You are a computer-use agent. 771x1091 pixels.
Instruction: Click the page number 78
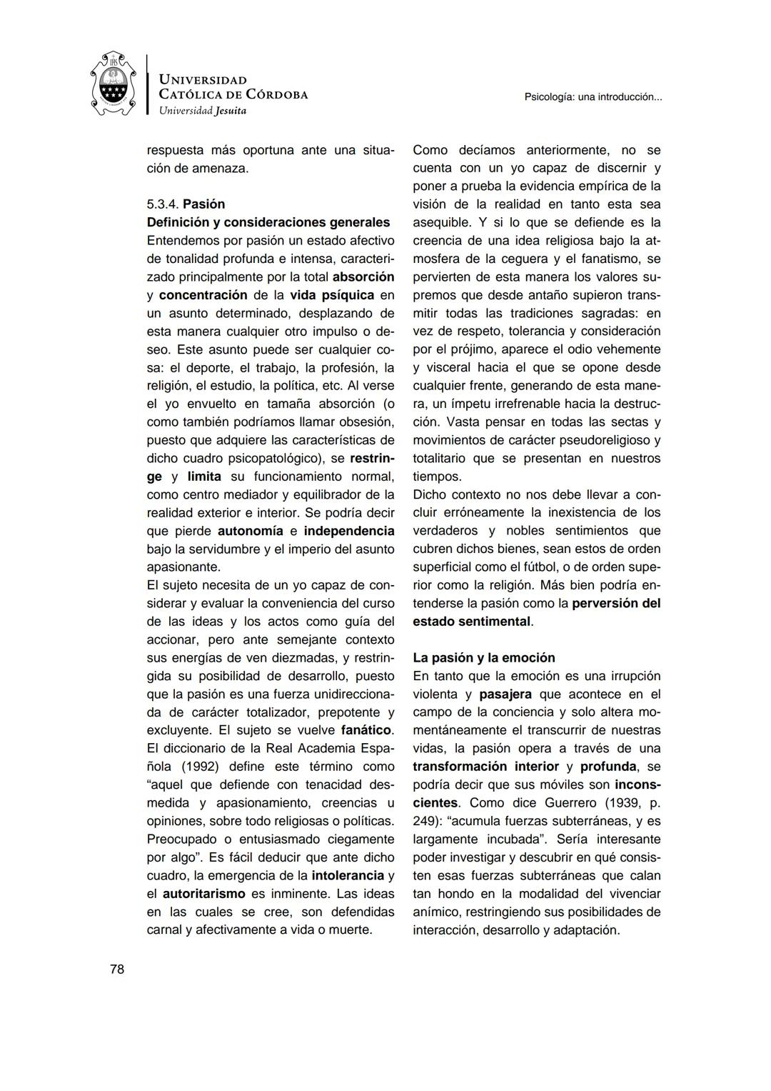coord(117,970)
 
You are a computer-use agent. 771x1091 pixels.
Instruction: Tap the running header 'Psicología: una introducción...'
coord(593,96)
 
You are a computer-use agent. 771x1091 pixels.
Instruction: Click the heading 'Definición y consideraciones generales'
coord(268,222)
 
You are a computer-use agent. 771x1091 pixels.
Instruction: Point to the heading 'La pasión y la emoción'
coord(483,658)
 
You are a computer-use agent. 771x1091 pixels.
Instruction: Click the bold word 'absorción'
coord(363,277)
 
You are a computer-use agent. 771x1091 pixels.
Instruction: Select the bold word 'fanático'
coord(366,730)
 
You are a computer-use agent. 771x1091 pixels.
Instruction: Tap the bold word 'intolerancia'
coord(348,875)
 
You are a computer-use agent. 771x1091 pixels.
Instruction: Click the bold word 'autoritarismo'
coord(203,894)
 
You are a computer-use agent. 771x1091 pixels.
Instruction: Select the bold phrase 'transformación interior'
coord(485,767)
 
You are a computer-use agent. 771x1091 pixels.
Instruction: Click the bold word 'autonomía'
coord(250,531)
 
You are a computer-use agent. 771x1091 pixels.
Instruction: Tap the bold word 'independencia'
coord(349,531)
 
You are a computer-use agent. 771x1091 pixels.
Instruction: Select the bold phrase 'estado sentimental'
coord(471,622)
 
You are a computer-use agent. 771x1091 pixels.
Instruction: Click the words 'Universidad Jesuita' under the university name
coord(202,111)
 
